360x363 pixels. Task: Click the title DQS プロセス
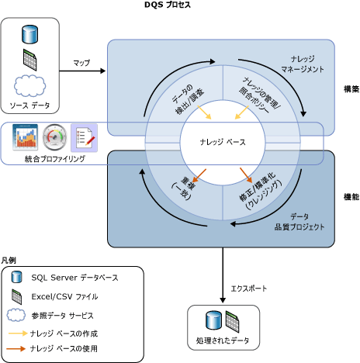pos(179,5)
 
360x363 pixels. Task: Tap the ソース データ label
pos(30,104)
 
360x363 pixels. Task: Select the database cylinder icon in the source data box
pos(31,34)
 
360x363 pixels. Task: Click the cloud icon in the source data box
pos(31,85)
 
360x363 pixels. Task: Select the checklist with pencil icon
pos(83,138)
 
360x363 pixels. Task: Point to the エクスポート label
pos(249,288)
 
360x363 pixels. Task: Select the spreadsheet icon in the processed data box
pos(233,320)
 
